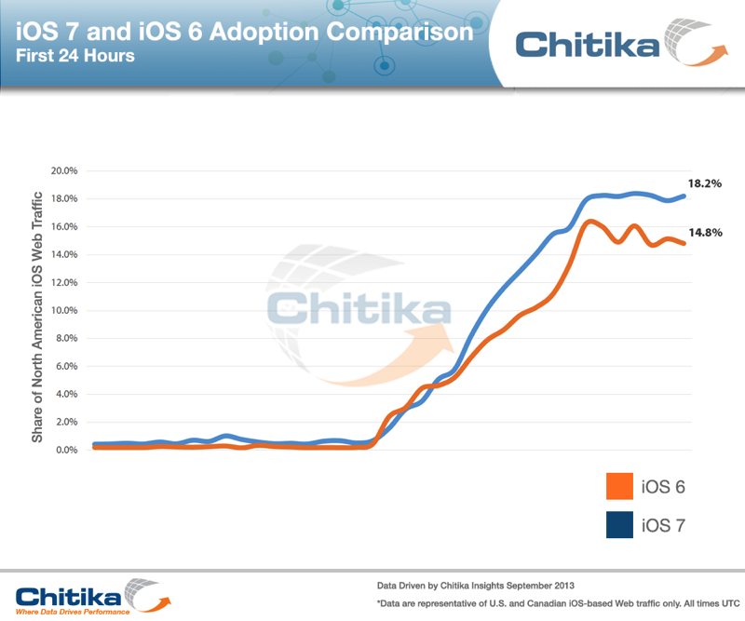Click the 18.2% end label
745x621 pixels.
coord(706,184)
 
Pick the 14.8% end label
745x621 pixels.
coord(706,233)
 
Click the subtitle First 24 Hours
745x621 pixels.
coord(74,56)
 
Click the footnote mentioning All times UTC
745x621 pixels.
coord(549,604)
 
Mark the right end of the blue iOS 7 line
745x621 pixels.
coord(685,196)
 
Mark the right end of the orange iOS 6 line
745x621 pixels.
coord(685,244)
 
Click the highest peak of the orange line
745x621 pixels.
coord(590,221)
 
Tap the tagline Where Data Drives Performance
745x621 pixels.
coord(78,612)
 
